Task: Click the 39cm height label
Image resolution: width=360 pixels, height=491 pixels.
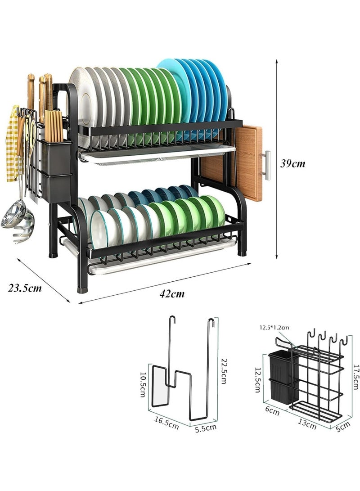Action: (292, 163)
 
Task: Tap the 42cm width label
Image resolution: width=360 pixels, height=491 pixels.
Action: (172, 293)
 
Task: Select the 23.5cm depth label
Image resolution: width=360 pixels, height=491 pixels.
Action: (25, 288)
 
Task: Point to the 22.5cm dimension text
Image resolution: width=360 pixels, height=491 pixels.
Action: (223, 371)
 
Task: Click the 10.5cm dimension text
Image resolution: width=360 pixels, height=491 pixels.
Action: (143, 384)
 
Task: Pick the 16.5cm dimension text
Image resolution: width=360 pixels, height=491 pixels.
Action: (166, 422)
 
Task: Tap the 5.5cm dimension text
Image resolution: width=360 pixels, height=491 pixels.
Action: (206, 428)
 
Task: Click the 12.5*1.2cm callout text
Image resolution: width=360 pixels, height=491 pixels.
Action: (274, 328)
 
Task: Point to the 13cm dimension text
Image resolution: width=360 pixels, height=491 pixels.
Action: (307, 423)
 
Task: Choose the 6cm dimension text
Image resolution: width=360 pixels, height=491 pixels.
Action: (272, 411)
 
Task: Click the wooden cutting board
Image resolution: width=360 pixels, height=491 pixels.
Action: (232, 163)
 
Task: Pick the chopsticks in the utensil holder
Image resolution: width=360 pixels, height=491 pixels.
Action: (54, 126)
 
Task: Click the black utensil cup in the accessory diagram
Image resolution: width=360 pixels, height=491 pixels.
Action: (280, 378)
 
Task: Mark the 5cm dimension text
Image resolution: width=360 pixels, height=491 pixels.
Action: (343, 427)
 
